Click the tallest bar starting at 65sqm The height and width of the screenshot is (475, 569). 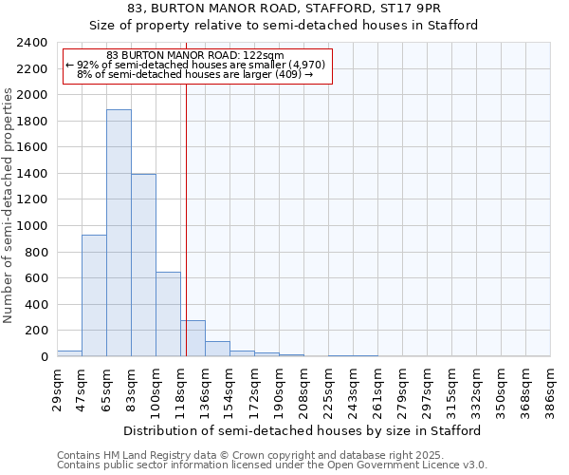tap(119, 233)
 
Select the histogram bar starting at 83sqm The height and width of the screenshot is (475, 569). tap(143, 265)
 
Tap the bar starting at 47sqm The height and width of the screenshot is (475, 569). tap(94, 295)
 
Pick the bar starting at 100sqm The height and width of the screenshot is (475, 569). tap(168, 314)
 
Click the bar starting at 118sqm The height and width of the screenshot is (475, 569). tap(193, 338)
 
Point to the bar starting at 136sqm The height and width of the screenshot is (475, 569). tap(217, 349)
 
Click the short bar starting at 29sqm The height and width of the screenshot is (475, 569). tap(69, 353)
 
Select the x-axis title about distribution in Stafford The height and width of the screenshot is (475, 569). tap(303, 430)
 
